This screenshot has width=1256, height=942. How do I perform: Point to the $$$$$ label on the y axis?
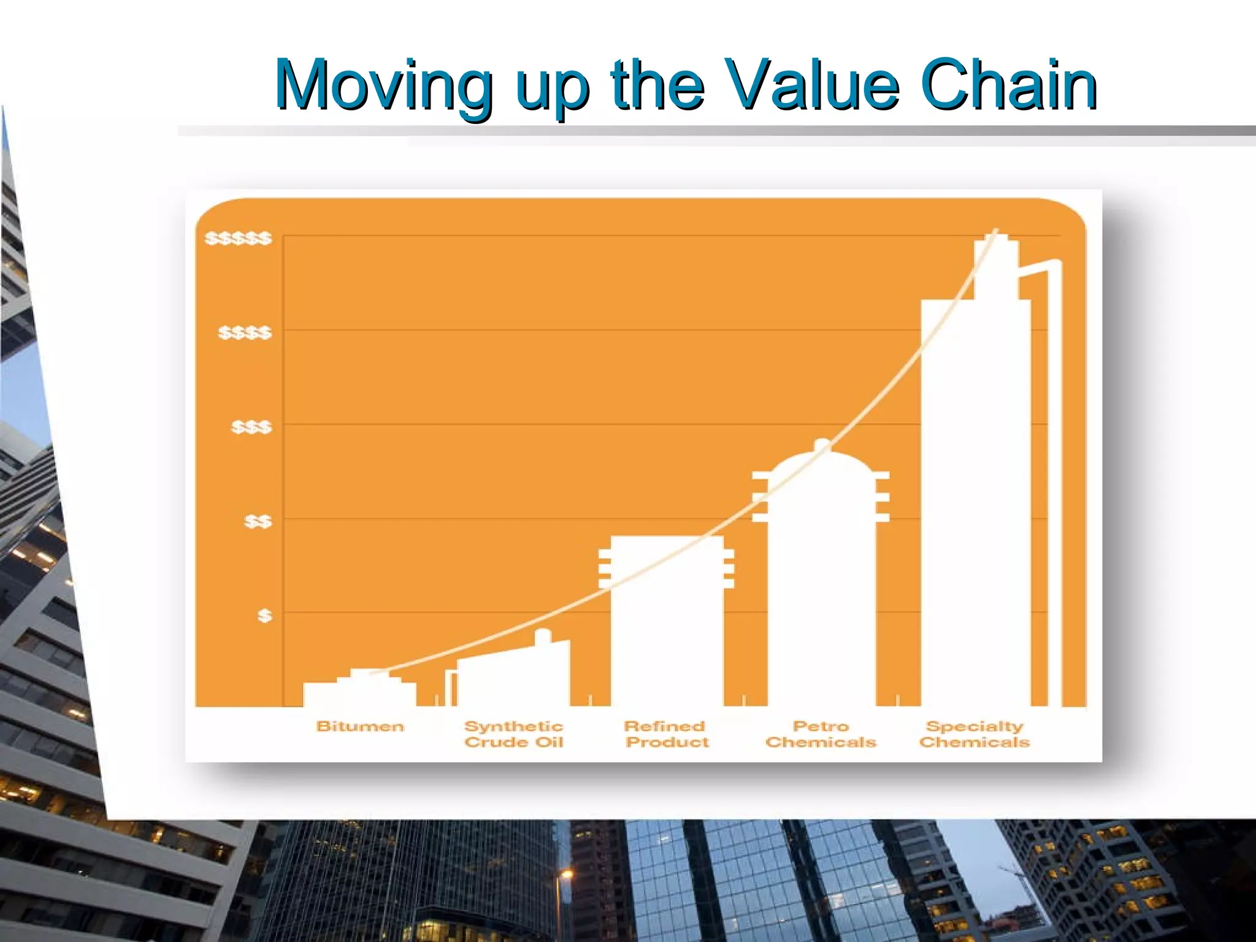(x=238, y=238)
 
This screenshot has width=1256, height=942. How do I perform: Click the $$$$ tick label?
(x=245, y=333)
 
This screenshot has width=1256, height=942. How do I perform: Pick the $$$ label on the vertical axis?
(x=251, y=427)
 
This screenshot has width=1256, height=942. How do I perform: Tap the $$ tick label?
(x=258, y=522)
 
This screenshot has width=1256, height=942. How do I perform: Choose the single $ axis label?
(x=264, y=615)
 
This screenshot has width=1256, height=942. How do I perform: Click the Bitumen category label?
(x=360, y=727)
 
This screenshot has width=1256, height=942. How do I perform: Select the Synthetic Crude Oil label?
(x=514, y=734)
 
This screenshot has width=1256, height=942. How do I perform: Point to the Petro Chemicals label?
(x=821, y=734)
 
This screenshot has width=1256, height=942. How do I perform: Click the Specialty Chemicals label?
(x=975, y=734)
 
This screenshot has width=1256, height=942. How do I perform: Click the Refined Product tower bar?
(x=667, y=626)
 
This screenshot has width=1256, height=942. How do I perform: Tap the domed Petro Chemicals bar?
(x=821, y=583)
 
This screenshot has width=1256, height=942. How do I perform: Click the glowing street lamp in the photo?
(x=566, y=875)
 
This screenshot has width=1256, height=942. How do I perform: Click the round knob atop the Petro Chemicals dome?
(x=822, y=445)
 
